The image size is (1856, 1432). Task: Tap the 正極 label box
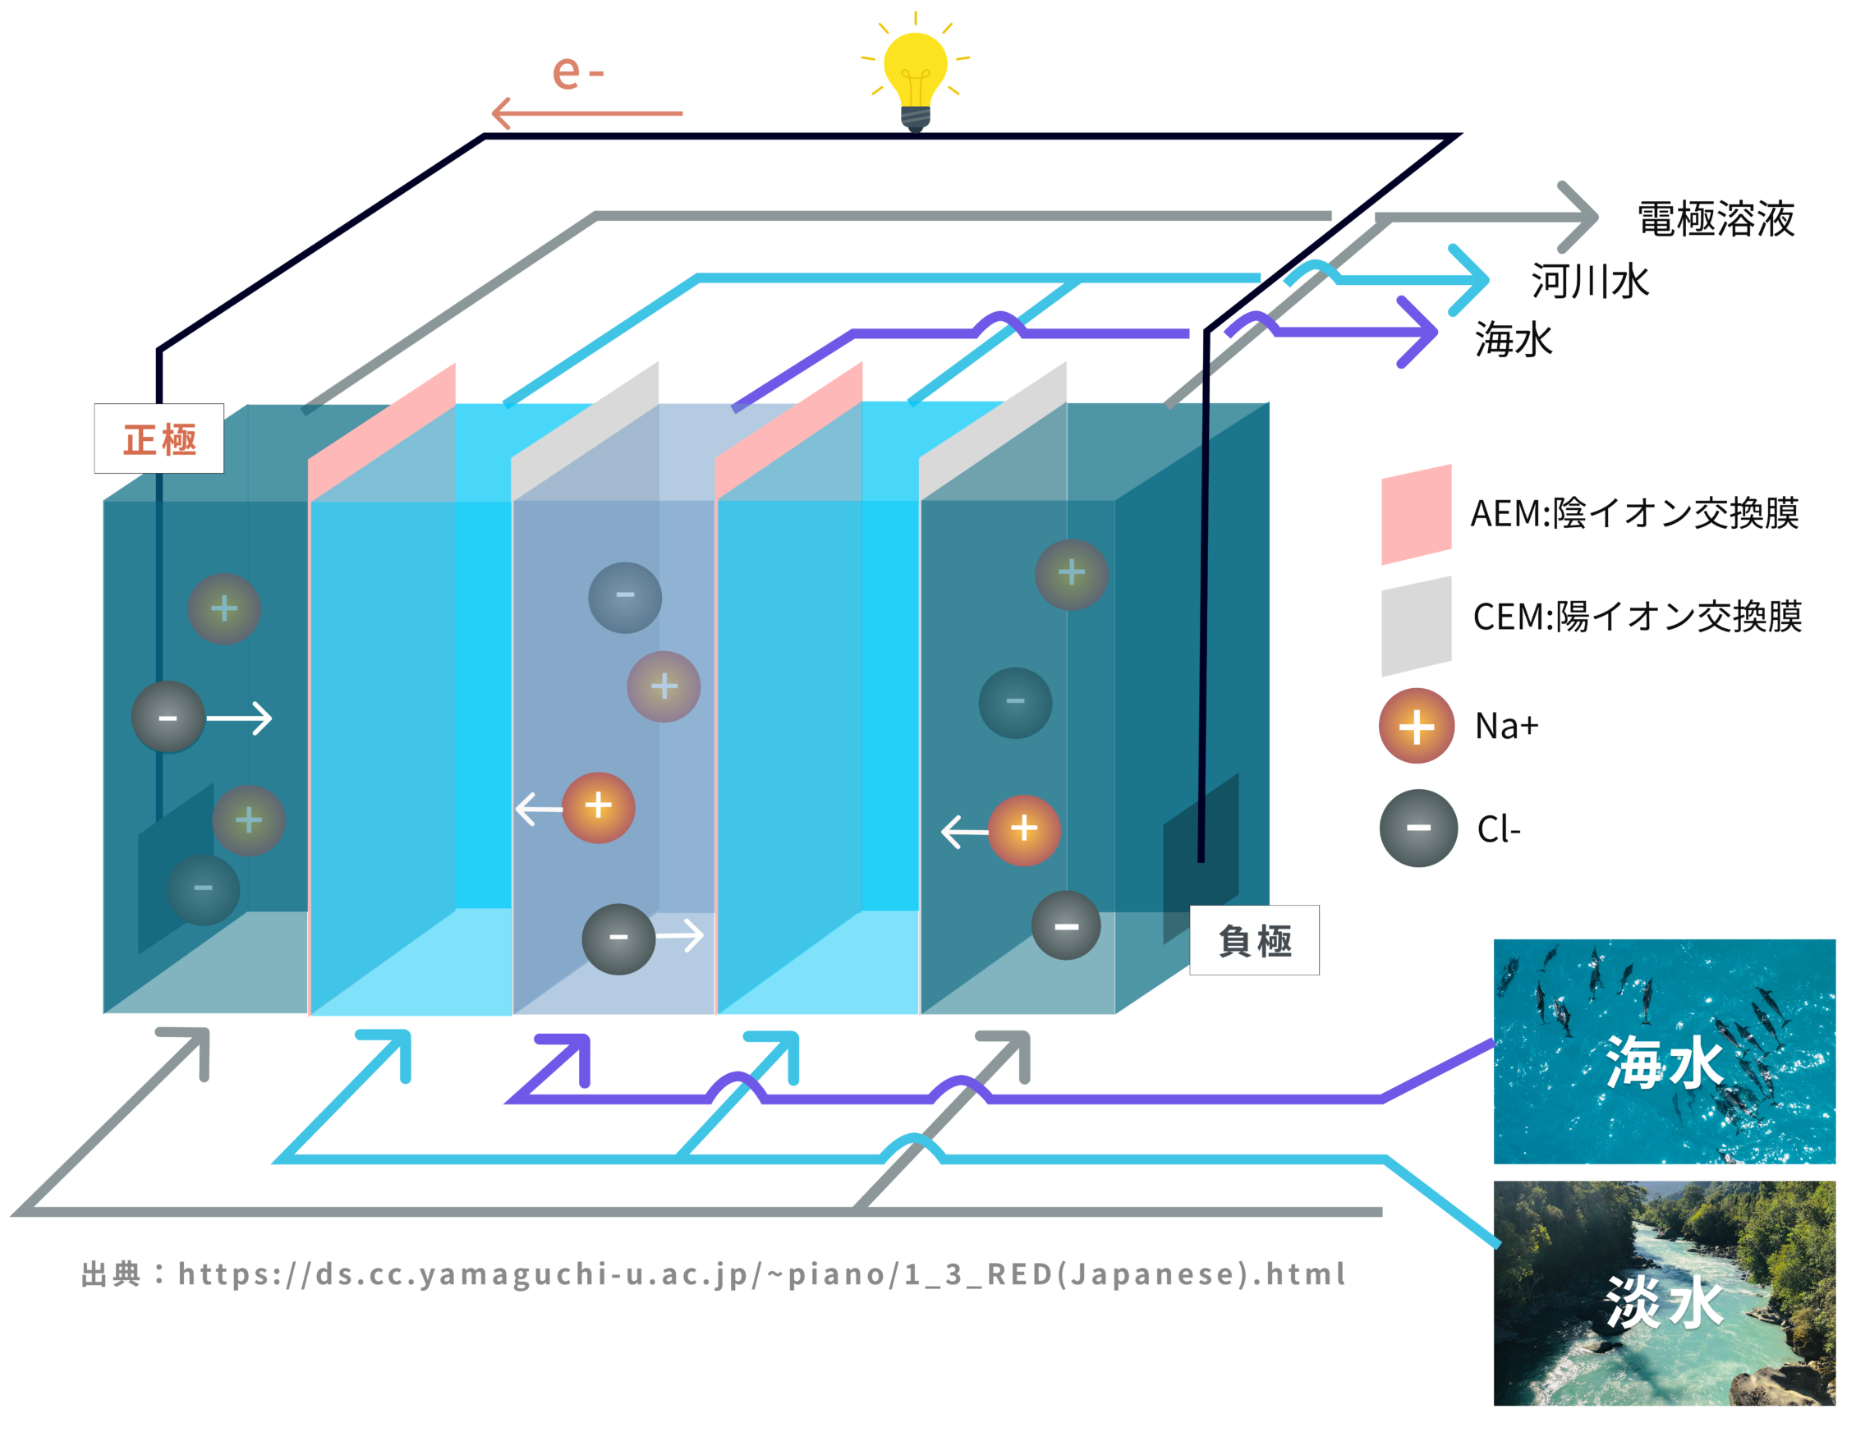(x=159, y=438)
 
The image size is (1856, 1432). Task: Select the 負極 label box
(x=1254, y=940)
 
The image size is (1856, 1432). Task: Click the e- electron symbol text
(x=578, y=71)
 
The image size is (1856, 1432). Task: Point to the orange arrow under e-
(x=586, y=113)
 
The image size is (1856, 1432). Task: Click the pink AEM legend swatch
(x=1416, y=514)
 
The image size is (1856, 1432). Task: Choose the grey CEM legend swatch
(x=1416, y=626)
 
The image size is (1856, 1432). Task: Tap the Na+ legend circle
(x=1416, y=726)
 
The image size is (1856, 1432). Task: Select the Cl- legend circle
(x=1417, y=828)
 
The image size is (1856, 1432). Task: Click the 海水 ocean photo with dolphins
(x=1664, y=1051)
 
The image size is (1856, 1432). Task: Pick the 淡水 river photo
(x=1664, y=1292)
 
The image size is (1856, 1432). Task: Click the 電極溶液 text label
(x=1716, y=218)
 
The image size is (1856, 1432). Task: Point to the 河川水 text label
(x=1590, y=282)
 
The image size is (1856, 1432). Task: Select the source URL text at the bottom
(x=714, y=1274)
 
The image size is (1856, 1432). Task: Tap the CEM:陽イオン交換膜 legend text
(x=1637, y=616)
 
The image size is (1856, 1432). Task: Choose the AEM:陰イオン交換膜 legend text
(x=1633, y=513)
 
